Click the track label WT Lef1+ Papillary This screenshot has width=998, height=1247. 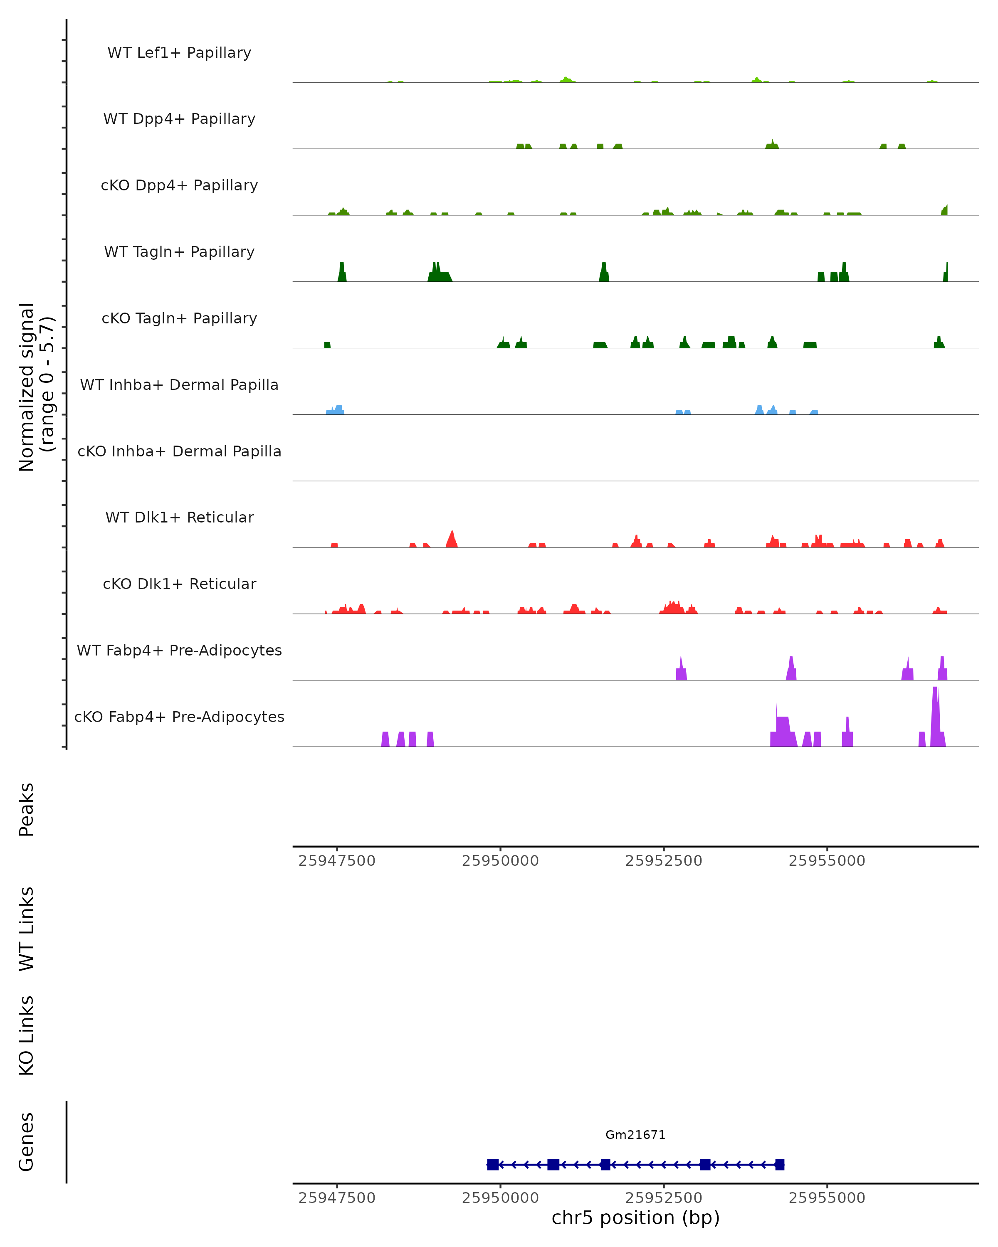coord(179,53)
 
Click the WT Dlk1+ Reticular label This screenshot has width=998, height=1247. coord(179,517)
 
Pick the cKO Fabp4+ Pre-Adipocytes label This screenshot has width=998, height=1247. coord(179,717)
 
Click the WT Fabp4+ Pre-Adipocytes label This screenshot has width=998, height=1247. coord(179,650)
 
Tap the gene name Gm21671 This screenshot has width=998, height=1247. coord(635,1135)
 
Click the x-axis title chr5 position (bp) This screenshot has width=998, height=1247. coord(635,1217)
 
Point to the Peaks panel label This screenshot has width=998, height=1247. coord(27,809)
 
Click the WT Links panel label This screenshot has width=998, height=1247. coord(27,928)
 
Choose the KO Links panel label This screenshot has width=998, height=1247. coord(27,1035)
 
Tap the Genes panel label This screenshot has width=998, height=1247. coord(27,1142)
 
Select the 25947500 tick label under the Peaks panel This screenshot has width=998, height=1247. coord(337,861)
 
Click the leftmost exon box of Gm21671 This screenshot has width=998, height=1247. coord(493,1164)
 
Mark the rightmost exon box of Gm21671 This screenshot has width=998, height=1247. coord(779,1164)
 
